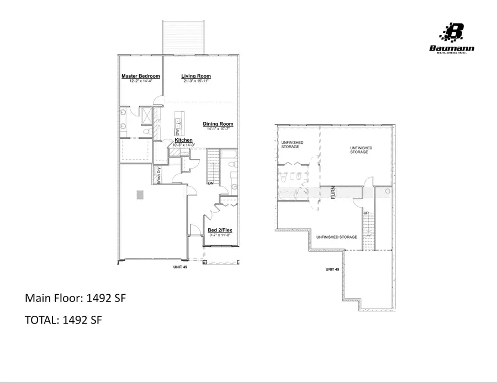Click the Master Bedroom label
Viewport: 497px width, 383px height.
141,76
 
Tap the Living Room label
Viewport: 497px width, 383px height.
196,76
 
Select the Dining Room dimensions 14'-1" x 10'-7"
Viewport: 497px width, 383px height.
218,129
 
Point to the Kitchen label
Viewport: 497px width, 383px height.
183,141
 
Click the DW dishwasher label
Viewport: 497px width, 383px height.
177,132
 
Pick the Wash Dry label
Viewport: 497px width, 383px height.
158,175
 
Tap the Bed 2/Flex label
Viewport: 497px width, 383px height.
219,230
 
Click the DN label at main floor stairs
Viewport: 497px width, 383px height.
210,183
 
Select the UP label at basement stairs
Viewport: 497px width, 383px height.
366,213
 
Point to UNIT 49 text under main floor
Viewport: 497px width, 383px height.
182,267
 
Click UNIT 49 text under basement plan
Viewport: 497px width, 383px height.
332,269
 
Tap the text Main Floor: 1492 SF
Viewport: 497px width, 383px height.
76,298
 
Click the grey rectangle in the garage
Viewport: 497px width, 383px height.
140,195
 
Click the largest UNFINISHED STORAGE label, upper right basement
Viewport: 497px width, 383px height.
361,150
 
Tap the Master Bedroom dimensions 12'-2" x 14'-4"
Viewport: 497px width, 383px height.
141,81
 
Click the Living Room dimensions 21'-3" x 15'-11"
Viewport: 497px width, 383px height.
197,81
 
